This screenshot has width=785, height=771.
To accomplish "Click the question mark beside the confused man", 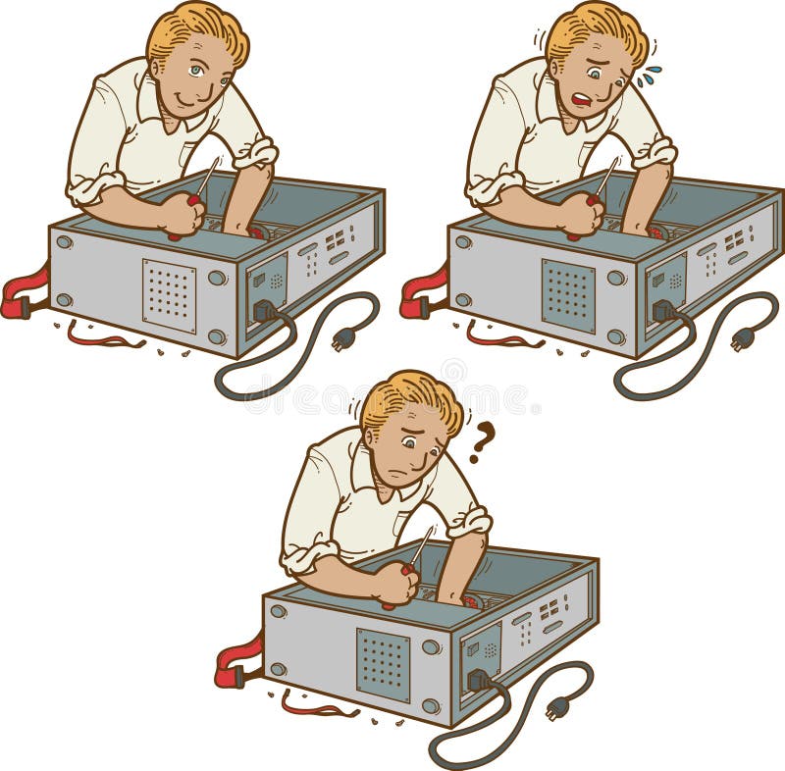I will coord(481,441).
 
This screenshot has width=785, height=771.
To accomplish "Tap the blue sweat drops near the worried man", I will coord(649,76).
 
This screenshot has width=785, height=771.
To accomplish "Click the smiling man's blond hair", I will coord(196,27).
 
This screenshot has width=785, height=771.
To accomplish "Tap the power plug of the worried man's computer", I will coord(743,338).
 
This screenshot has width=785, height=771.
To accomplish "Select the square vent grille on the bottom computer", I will coord(383,665).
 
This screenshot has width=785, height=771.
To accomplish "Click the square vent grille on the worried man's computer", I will coord(568,295).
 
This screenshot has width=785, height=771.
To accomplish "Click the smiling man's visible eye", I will coord(196,71).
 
